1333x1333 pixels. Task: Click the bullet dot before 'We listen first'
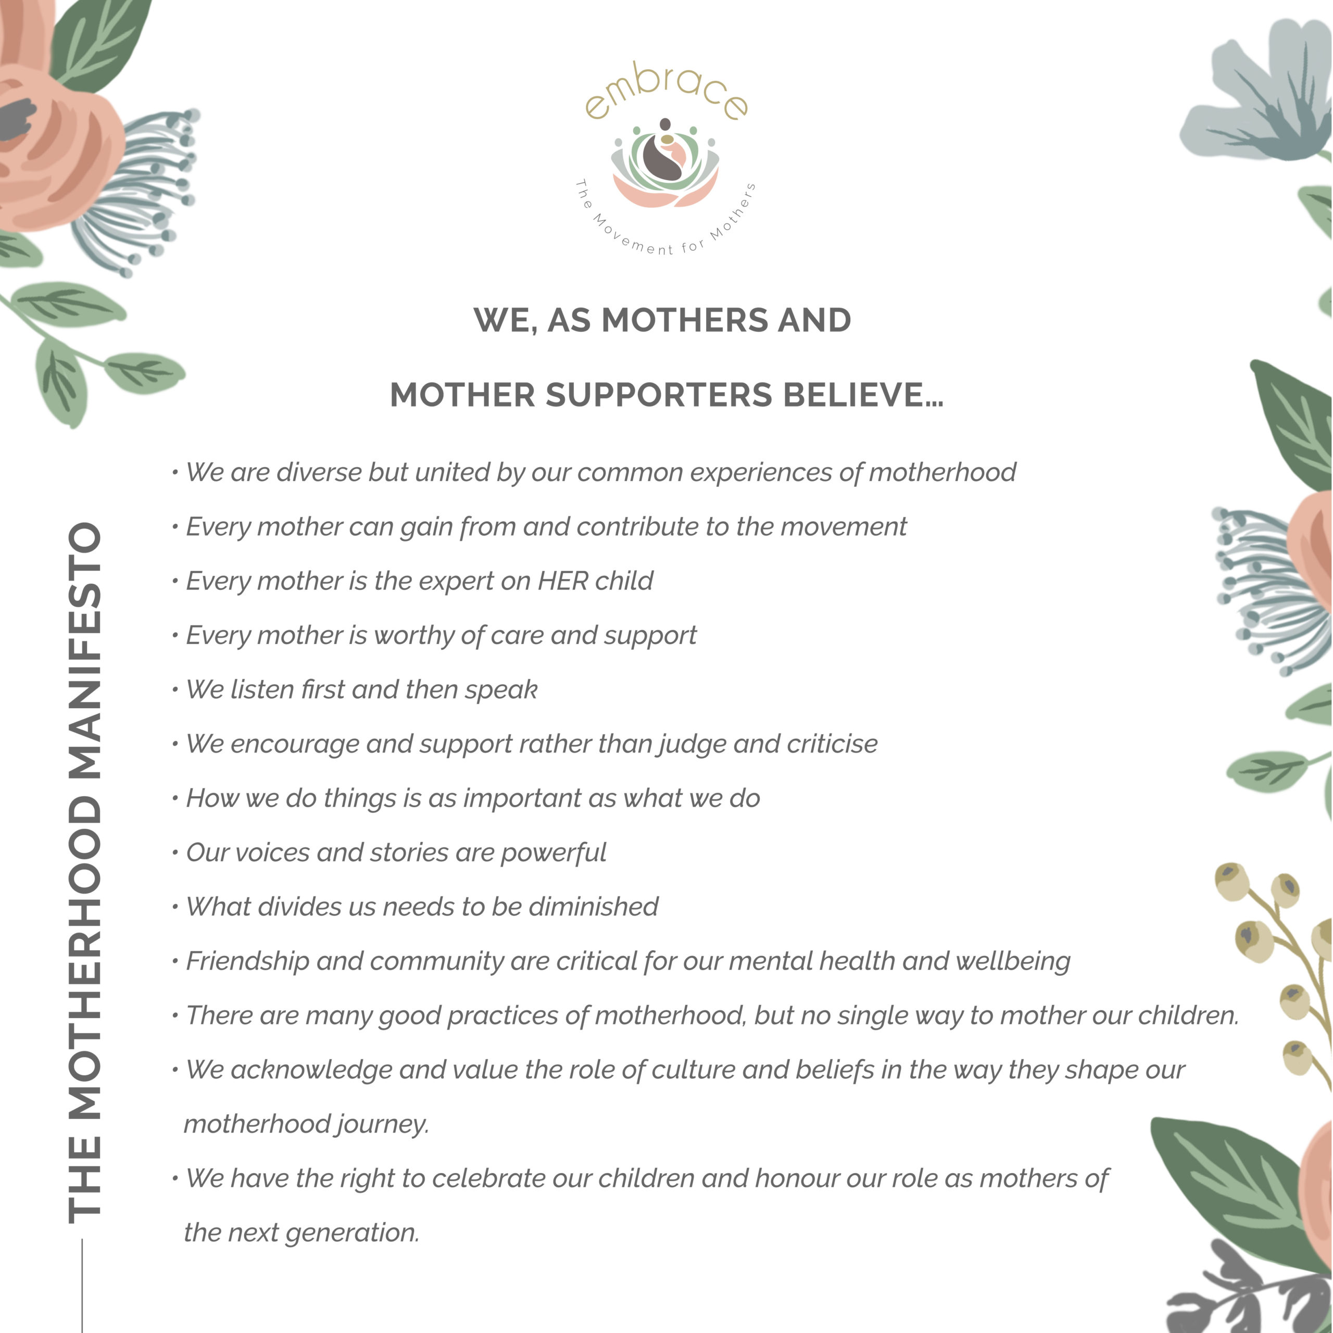(175, 690)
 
